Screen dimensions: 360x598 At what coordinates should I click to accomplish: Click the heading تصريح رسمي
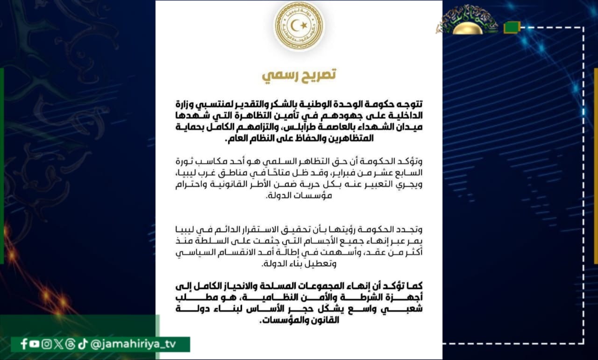pyautogui.click(x=299, y=75)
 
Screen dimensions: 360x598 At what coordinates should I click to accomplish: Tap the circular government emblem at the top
pyautogui.click(x=299, y=26)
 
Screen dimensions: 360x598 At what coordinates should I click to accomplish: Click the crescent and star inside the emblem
pyautogui.click(x=299, y=24)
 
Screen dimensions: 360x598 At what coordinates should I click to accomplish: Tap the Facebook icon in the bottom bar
pyautogui.click(x=24, y=344)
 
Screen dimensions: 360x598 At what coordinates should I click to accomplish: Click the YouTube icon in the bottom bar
pyautogui.click(x=35, y=344)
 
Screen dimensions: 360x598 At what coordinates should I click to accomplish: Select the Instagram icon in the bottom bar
pyautogui.click(x=46, y=344)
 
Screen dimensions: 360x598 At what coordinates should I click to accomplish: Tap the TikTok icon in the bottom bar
pyautogui.click(x=82, y=344)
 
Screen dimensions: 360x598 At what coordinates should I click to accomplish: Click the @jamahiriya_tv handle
pyautogui.click(x=136, y=344)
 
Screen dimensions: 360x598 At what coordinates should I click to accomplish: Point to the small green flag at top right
pyautogui.click(x=511, y=28)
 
